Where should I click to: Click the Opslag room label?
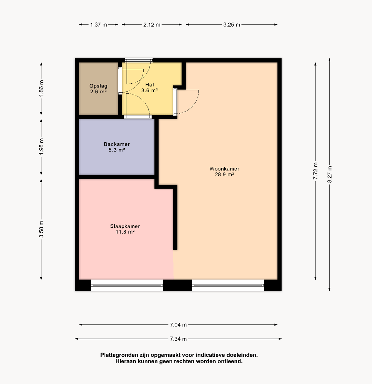point(98,86)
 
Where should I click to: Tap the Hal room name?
point(149,84)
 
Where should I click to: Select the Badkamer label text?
point(116,144)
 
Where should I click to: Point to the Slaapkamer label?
point(125,226)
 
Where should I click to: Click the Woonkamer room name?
point(224,169)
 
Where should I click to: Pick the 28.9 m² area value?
point(224,174)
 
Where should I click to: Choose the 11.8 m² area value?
point(125,232)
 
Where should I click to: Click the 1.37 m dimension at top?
point(99,25)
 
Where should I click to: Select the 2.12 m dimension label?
point(152,25)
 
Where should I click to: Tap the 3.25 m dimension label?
point(232,25)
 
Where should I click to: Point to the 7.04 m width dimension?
point(178,325)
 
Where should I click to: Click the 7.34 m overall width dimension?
point(178,339)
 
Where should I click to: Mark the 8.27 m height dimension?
point(330,174)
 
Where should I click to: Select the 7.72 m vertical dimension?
point(316,171)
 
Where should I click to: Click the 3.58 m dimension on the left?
point(41,229)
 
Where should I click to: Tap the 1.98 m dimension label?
point(41,146)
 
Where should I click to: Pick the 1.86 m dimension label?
point(41,88)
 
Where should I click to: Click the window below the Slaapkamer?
point(127,285)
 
